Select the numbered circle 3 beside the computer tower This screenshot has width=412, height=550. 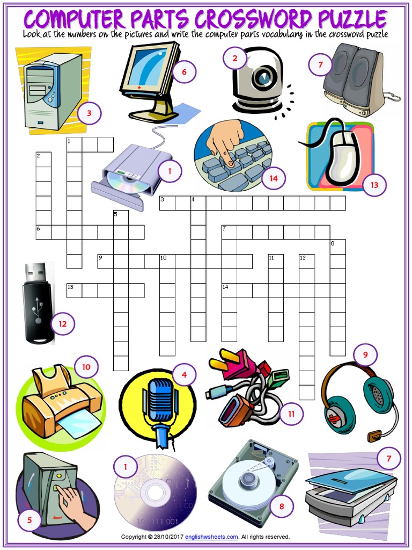pyautogui.click(x=89, y=113)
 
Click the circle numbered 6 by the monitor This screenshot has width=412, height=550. pyautogui.click(x=184, y=71)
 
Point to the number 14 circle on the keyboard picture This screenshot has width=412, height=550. pyautogui.click(x=274, y=178)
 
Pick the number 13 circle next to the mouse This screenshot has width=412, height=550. pyautogui.click(x=374, y=185)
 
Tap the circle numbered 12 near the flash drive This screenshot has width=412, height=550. pyautogui.click(x=62, y=323)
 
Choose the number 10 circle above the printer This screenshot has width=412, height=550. pyautogui.click(x=86, y=367)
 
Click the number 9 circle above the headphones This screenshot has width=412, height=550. pyautogui.click(x=365, y=354)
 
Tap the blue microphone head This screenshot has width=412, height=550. pyautogui.click(x=160, y=399)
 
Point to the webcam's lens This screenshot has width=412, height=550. pyautogui.click(x=263, y=77)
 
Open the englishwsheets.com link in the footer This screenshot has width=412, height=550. pyautogui.click(x=211, y=537)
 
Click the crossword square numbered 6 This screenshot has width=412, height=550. pyautogui.click(x=43, y=231)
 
